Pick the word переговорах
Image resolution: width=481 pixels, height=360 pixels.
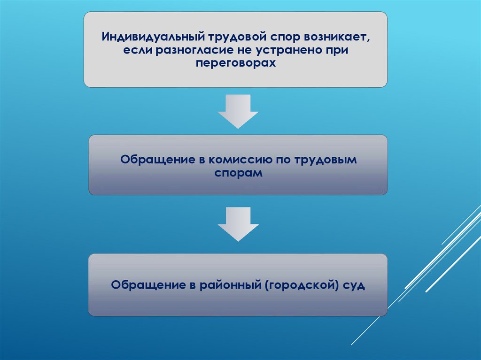(235, 63)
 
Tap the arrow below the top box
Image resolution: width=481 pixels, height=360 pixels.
(238, 111)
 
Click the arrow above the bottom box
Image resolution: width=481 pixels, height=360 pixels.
(238, 224)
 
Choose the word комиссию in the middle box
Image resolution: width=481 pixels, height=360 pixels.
(242, 160)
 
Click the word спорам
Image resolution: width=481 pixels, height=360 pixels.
(238, 173)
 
